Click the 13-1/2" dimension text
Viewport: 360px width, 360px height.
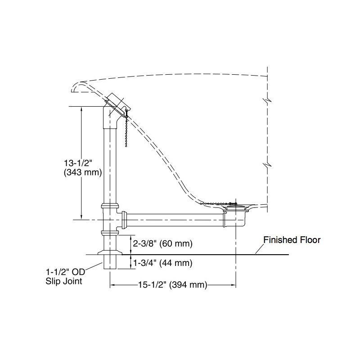coord(78,163)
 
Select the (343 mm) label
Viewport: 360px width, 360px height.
coord(83,172)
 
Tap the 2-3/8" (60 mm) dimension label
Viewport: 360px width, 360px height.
coord(163,243)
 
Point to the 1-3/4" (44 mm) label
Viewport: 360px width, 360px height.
coord(163,263)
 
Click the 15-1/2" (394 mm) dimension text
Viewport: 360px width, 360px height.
coord(173,285)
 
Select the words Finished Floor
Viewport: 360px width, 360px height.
coord(292,240)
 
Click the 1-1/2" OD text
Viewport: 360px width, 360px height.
coord(66,272)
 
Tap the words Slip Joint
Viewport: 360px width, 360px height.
coord(64,281)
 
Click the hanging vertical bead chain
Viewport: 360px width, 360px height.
coord(126,131)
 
